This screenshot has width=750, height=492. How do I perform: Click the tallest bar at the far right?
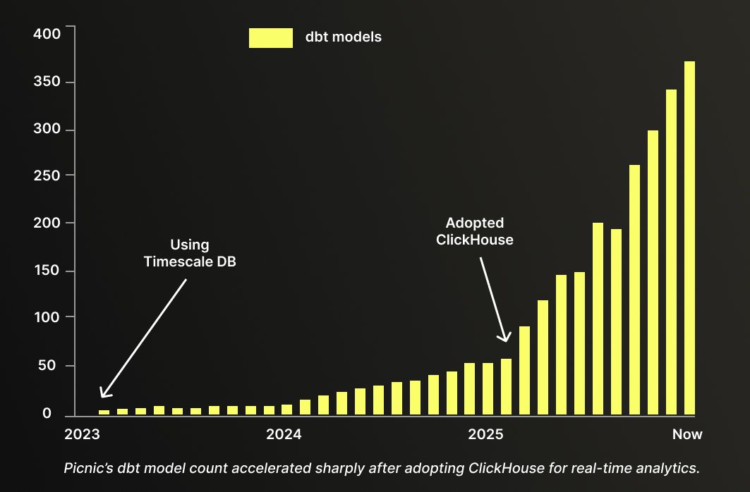689,238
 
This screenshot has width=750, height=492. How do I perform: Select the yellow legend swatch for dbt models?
270,38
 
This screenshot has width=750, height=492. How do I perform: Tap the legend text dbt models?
343,37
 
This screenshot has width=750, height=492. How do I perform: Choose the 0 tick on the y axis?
47,414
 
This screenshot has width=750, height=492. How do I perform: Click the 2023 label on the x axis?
82,434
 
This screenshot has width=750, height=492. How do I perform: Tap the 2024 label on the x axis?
284,434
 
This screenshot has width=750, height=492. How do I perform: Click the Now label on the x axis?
687,434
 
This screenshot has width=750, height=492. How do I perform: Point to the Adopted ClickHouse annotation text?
474,231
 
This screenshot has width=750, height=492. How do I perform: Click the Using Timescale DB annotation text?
189,253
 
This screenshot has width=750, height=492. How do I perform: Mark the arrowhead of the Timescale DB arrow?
102,395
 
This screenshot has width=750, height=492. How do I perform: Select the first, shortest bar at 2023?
104,412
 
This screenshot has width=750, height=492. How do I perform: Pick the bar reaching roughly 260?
634,290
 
